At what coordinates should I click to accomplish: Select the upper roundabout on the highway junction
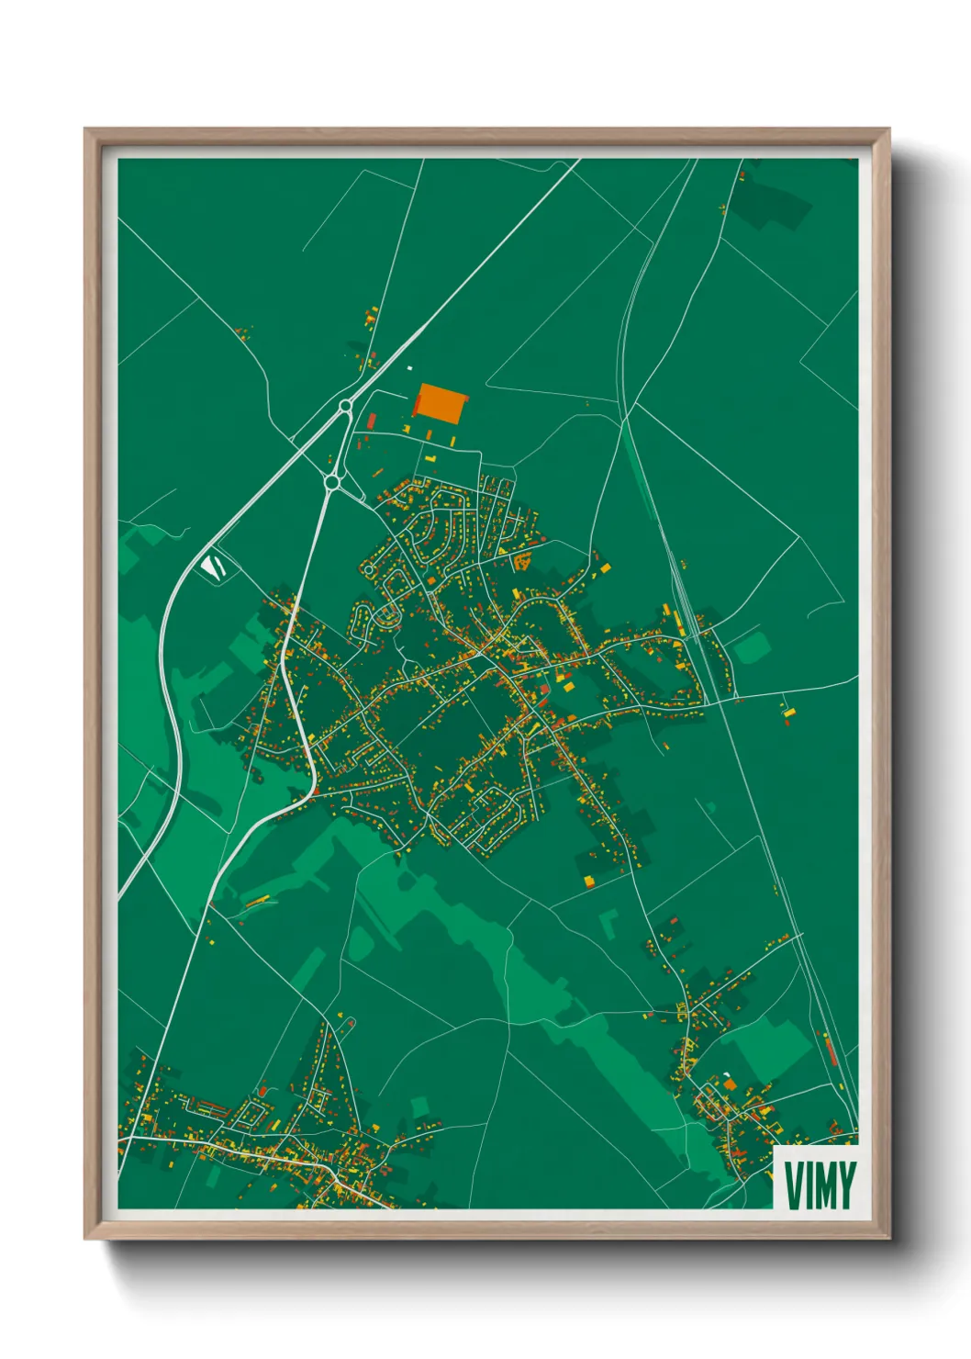pos(345,406)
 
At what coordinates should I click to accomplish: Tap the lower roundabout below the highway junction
pos(331,481)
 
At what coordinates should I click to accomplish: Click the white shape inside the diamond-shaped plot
pos(213,567)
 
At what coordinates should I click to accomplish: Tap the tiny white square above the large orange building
pos(409,368)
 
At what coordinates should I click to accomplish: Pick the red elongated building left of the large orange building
pos(372,421)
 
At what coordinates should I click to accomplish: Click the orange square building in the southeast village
pos(730,1084)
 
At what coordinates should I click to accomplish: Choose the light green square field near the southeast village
pos(769,1047)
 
